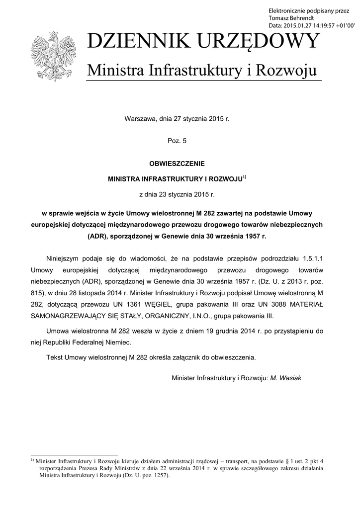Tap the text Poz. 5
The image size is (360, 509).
click(x=178, y=141)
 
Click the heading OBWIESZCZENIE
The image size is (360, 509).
click(x=178, y=163)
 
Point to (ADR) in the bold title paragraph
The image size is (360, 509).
click(x=98, y=236)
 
